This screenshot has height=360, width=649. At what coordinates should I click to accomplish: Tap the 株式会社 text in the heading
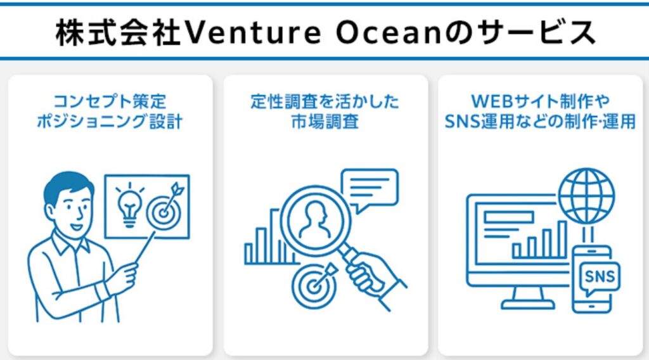(117, 33)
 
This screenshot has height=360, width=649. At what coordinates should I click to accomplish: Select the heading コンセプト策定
(110, 102)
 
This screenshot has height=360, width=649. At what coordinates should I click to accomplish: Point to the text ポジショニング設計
(110, 122)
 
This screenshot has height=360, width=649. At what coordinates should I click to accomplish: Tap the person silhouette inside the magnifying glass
(313, 219)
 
